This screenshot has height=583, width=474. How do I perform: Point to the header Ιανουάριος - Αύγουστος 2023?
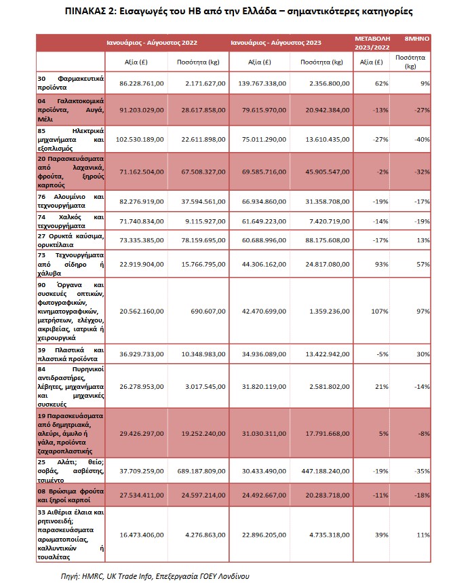click(x=285, y=42)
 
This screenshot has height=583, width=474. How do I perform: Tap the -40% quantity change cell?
click(x=423, y=140)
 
